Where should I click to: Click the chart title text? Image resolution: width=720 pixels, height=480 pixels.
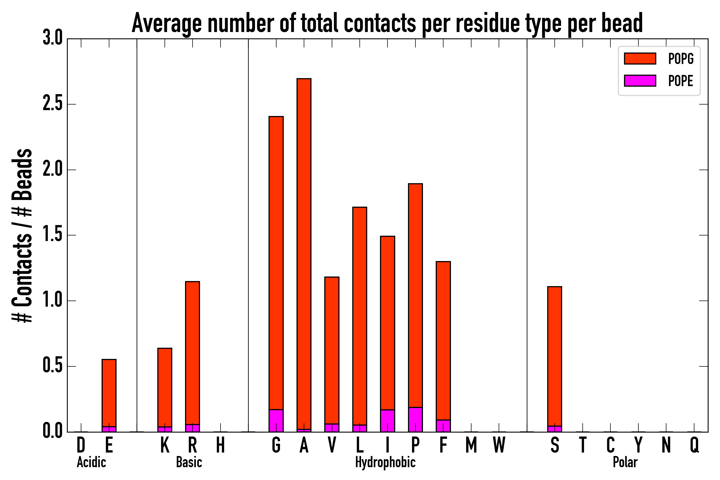387,23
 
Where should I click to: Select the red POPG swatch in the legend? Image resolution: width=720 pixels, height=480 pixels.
640,58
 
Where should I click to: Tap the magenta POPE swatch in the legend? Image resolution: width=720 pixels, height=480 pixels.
640,81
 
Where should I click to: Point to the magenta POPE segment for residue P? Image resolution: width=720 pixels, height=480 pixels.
415,419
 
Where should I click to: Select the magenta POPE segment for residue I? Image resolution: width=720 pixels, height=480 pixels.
387,421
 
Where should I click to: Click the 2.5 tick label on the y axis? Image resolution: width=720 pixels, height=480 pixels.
53,104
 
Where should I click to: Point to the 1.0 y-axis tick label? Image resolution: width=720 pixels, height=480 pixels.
53,301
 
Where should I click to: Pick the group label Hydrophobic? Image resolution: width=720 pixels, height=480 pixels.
385,462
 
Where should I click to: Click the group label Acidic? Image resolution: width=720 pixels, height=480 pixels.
91,462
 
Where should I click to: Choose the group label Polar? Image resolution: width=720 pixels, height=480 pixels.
625,462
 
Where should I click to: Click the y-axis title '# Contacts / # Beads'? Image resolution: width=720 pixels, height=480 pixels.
22,236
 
